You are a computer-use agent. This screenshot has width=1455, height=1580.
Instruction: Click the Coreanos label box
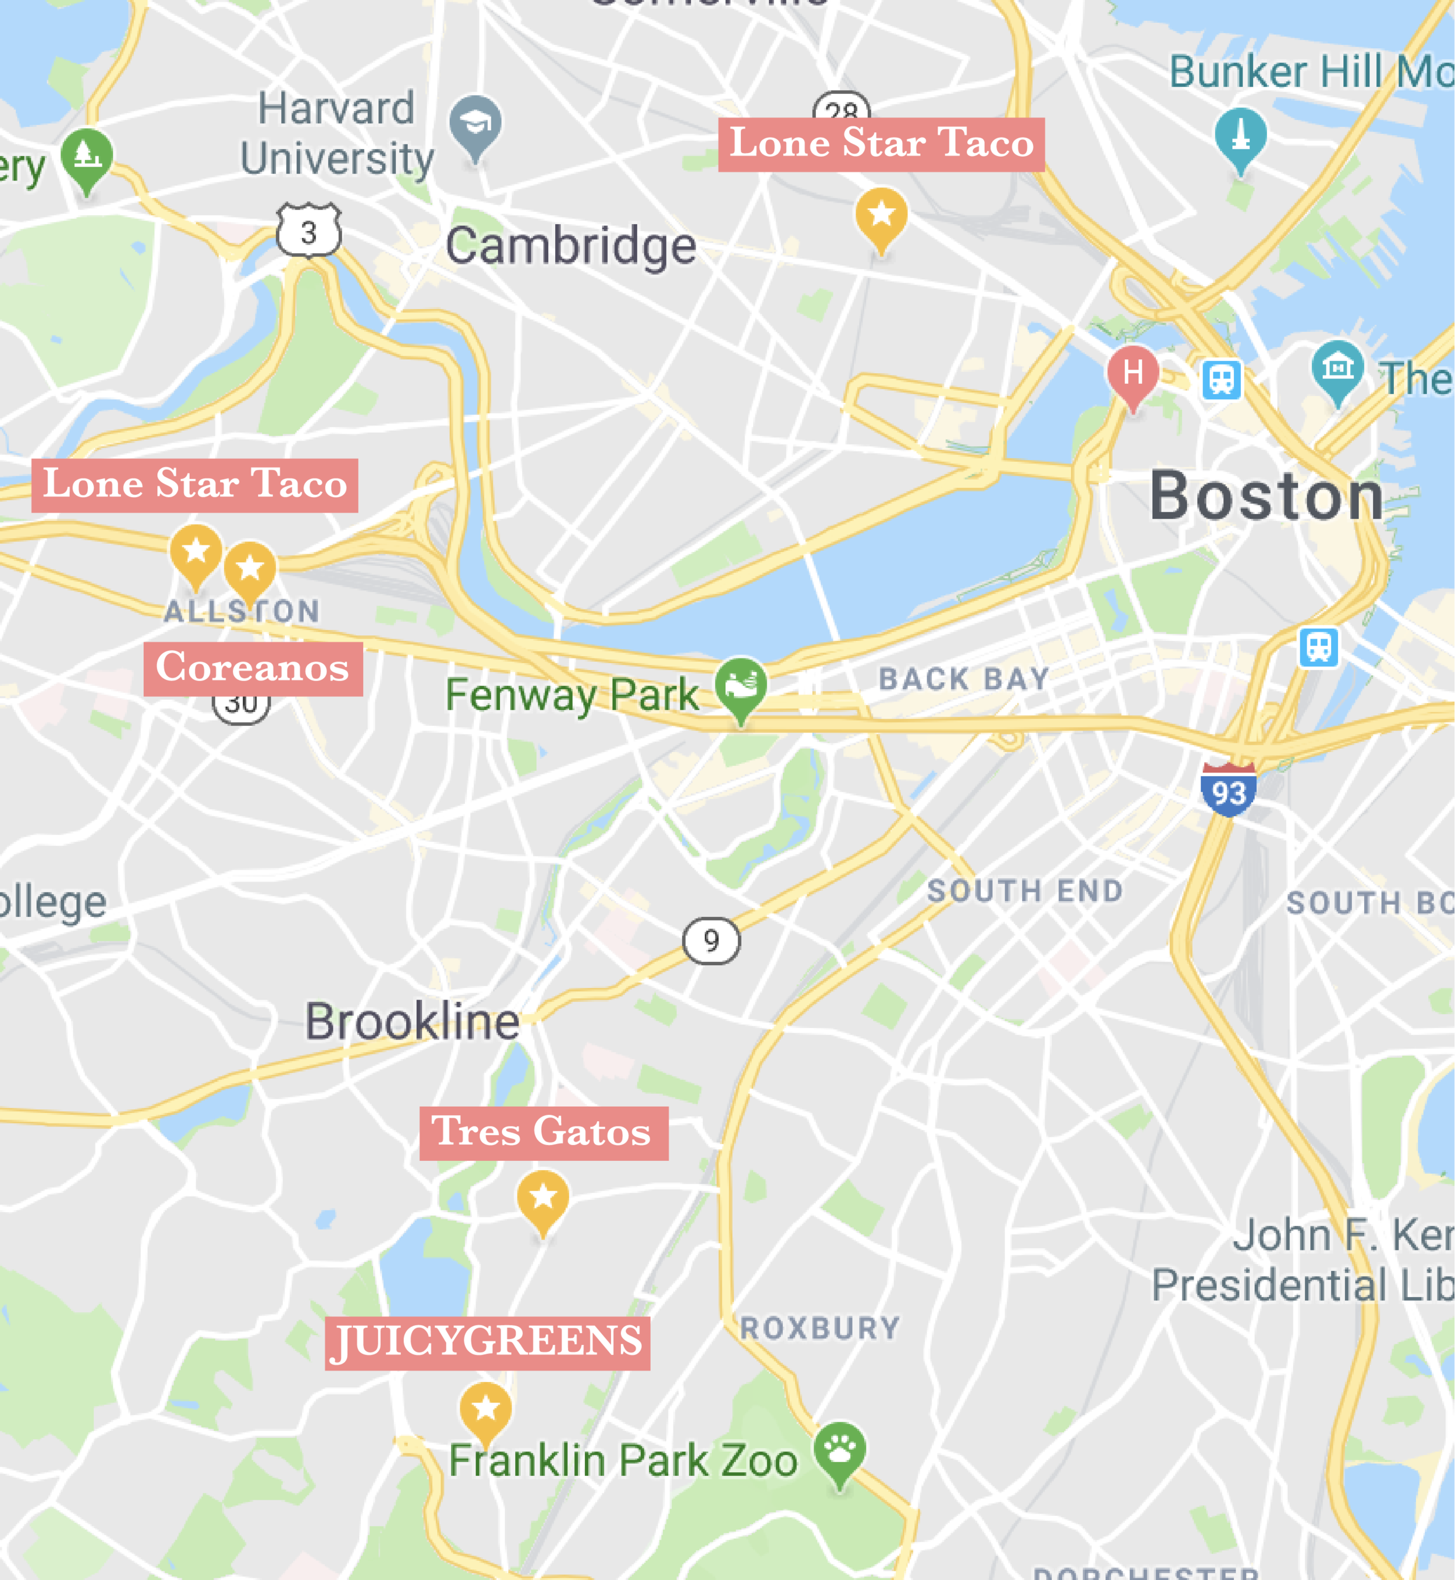pyautogui.click(x=253, y=669)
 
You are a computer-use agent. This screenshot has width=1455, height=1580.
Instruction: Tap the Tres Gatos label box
pyautogui.click(x=543, y=1133)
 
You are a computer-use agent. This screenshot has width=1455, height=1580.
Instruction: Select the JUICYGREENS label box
pyautogui.click(x=487, y=1343)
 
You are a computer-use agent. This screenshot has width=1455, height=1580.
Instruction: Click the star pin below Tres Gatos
pyautogui.click(x=542, y=1199)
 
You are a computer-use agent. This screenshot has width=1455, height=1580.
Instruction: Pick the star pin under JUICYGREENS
pyautogui.click(x=485, y=1410)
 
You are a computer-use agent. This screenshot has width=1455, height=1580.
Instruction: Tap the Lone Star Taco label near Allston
pyautogui.click(x=194, y=485)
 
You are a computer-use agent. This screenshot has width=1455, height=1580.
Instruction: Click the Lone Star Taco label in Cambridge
pyautogui.click(x=881, y=144)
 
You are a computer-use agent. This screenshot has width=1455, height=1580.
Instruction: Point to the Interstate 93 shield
pyautogui.click(x=1228, y=790)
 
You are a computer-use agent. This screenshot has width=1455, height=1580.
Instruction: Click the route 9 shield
pyautogui.click(x=711, y=940)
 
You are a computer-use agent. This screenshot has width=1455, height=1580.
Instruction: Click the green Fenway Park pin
pyautogui.click(x=740, y=685)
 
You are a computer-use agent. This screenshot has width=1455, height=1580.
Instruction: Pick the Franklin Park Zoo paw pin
pyautogui.click(x=839, y=1451)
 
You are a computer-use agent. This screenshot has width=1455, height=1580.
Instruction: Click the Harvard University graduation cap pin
pyautogui.click(x=475, y=125)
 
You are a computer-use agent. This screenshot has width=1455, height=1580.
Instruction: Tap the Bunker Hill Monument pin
pyautogui.click(x=1240, y=136)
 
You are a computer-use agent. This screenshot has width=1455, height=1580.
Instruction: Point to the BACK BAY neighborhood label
pyautogui.click(x=964, y=679)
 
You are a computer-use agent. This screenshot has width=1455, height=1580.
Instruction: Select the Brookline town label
pyautogui.click(x=412, y=1022)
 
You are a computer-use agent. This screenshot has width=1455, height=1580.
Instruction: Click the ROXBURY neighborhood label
pyautogui.click(x=819, y=1328)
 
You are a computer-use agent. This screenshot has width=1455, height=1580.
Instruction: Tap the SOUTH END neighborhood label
pyautogui.click(x=1024, y=891)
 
